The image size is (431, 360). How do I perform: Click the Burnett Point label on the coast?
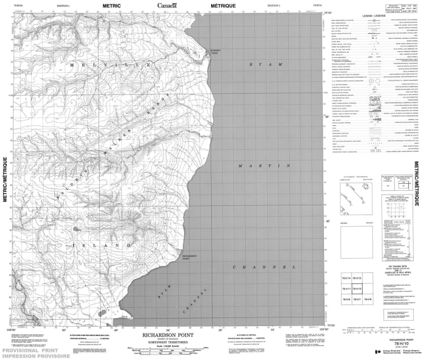(x=215, y=52)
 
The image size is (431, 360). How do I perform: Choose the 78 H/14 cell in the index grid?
(x=347, y=278)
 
